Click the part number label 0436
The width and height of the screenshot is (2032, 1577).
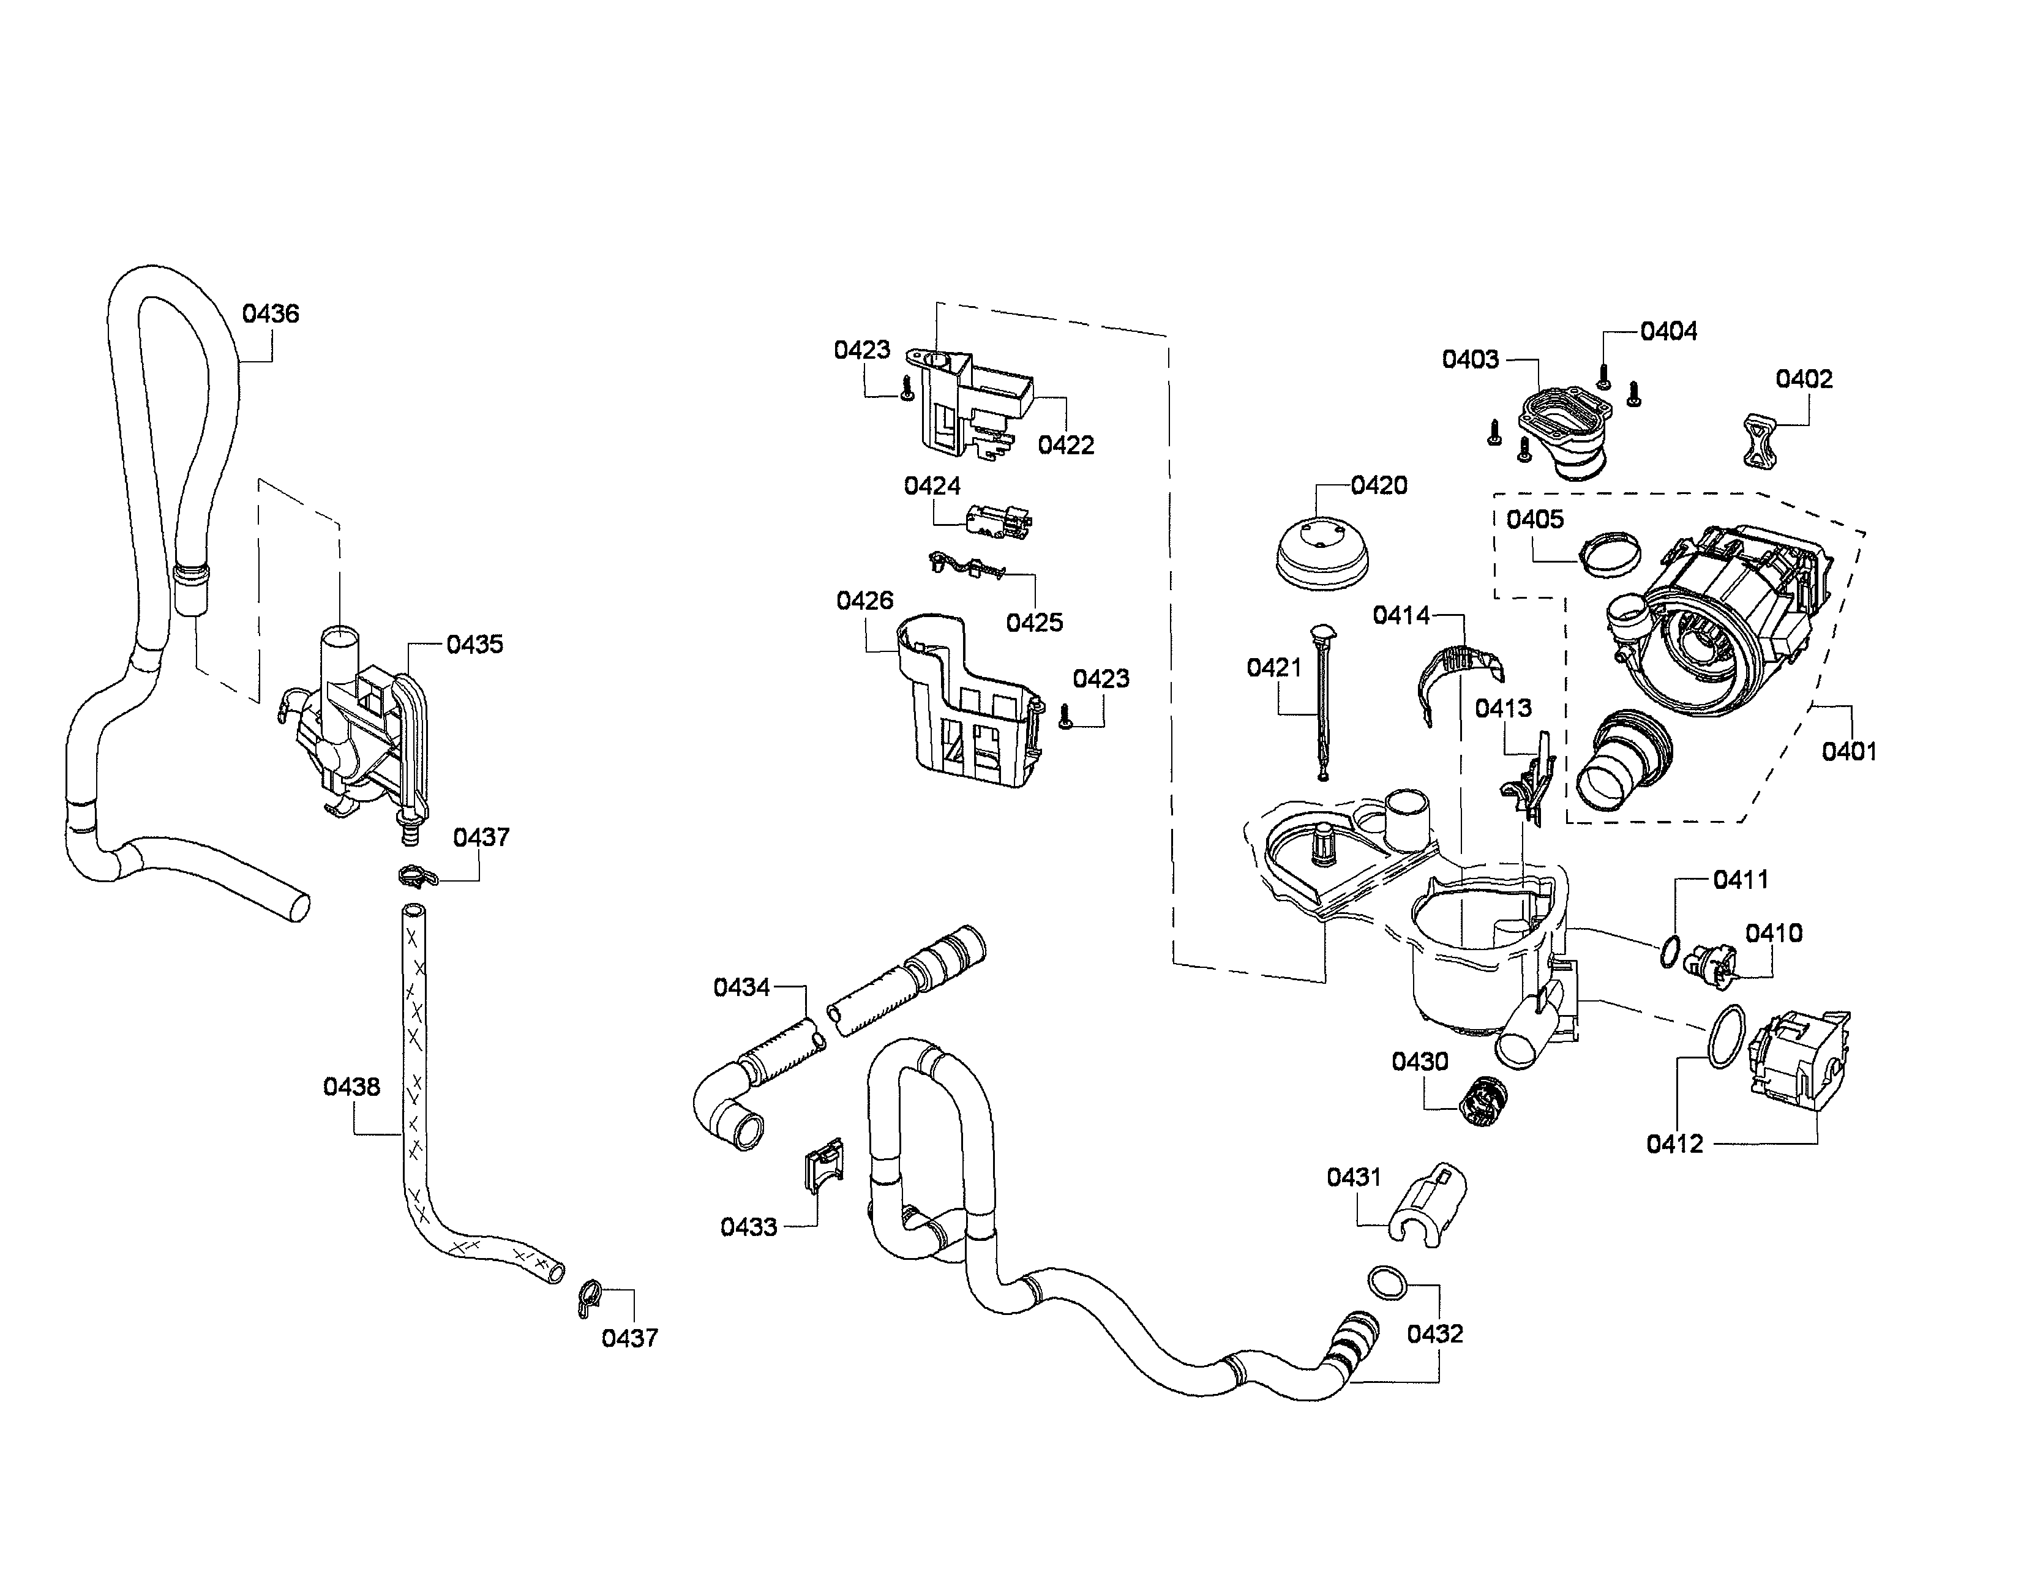pyautogui.click(x=270, y=313)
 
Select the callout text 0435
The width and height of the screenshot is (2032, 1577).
pyautogui.click(x=474, y=644)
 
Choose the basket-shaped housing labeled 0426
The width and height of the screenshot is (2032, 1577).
pyautogui.click(x=967, y=702)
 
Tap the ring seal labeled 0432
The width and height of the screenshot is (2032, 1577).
pyautogui.click(x=1386, y=1282)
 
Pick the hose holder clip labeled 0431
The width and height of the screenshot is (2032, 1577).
pyautogui.click(x=1428, y=1202)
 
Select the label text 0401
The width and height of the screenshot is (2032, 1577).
pyautogui.click(x=1849, y=751)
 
